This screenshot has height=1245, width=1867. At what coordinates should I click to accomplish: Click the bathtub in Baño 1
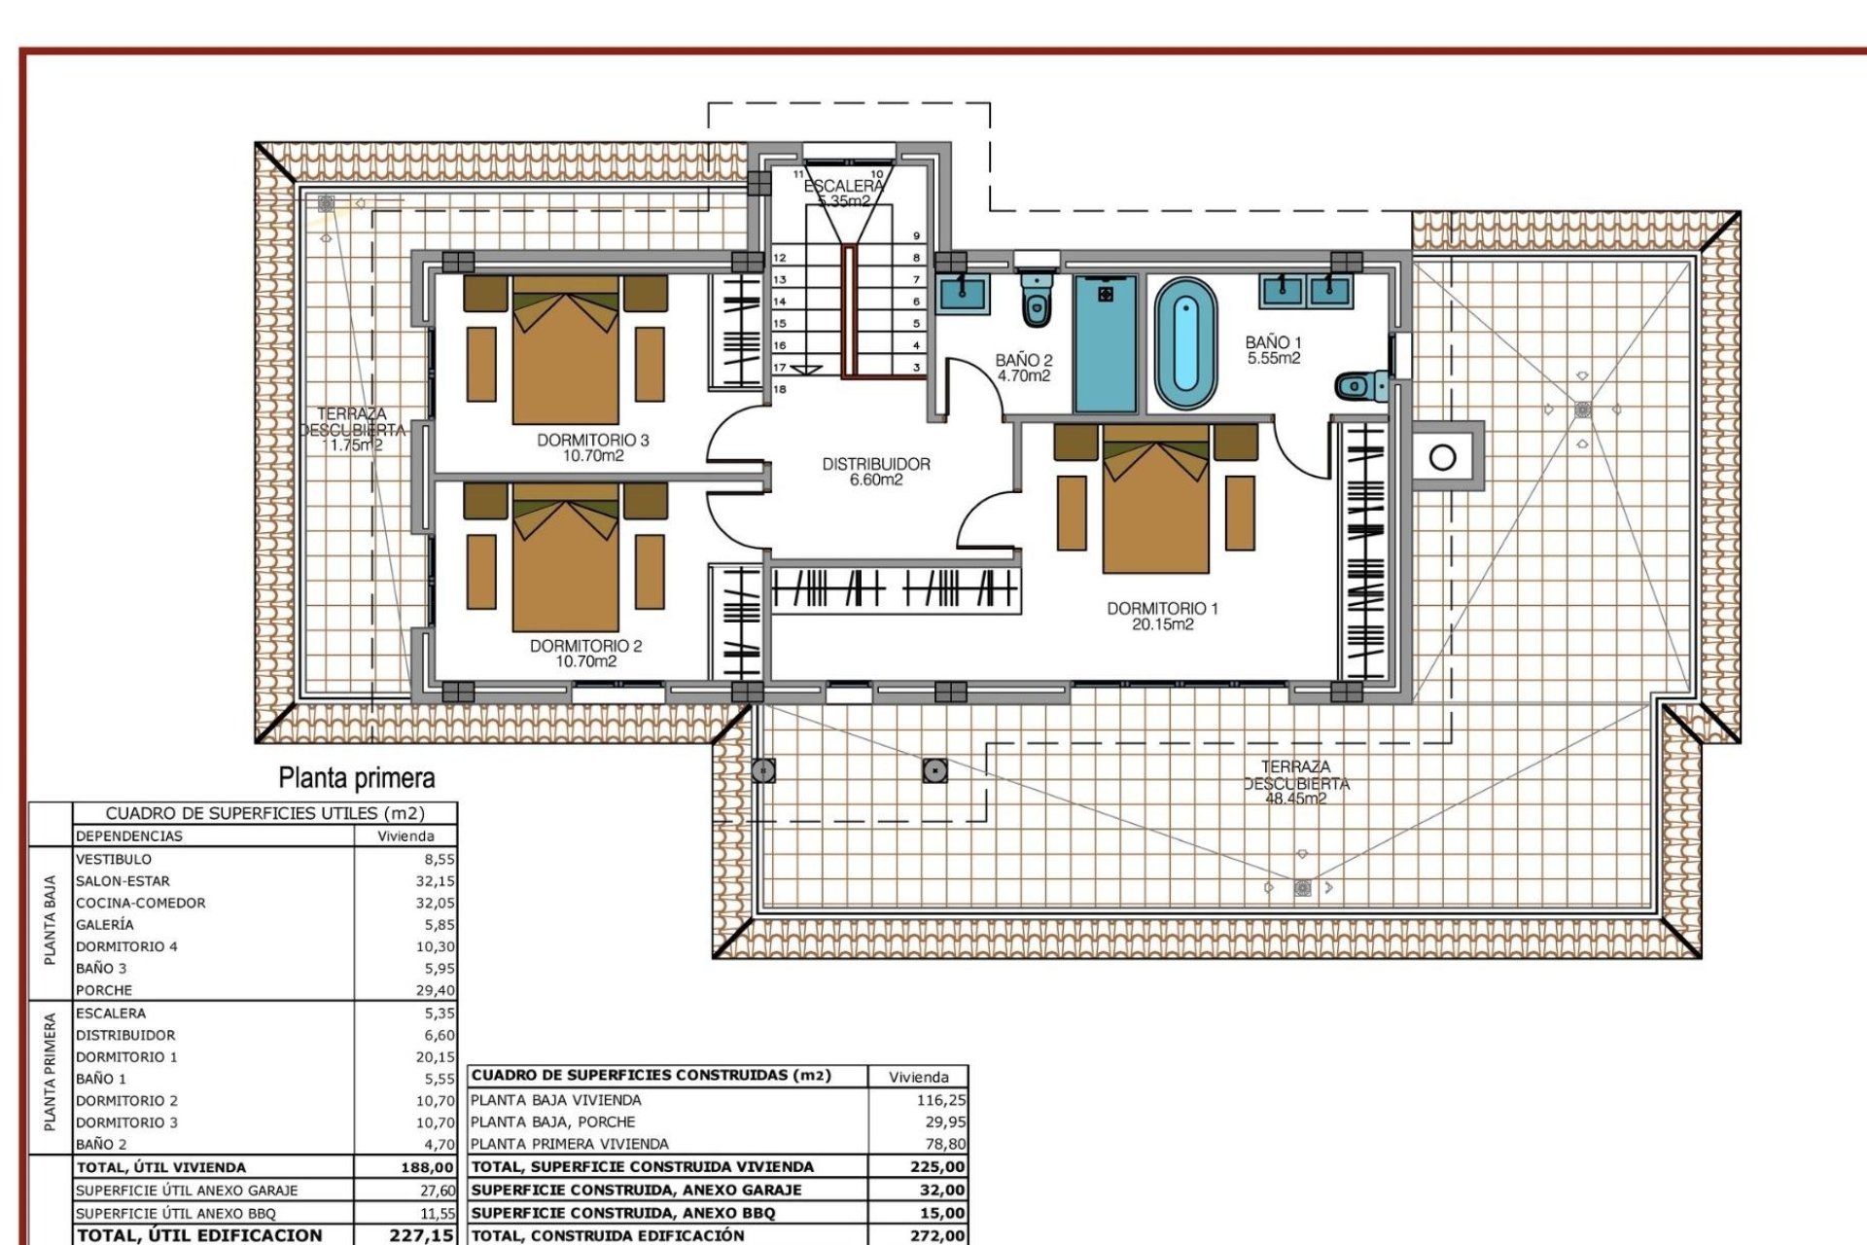click(x=1185, y=344)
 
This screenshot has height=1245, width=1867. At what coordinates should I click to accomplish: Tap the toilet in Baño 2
click(x=1037, y=301)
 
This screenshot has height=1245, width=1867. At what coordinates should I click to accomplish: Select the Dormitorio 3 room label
click(x=592, y=447)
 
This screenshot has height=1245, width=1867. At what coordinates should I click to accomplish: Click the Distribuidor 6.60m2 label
click(x=876, y=472)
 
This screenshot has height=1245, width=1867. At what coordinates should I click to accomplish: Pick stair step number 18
click(x=780, y=389)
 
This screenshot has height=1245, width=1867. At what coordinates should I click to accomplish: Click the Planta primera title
click(x=357, y=778)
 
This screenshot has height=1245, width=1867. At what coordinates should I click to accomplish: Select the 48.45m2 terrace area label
click(x=1295, y=800)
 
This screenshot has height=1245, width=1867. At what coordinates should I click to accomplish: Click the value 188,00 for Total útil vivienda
click(x=427, y=1167)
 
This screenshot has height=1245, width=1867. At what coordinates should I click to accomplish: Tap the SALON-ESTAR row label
click(x=123, y=881)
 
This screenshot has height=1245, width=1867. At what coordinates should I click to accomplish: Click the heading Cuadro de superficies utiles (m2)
click(x=264, y=813)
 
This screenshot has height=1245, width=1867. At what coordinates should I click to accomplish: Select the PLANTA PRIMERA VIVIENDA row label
click(x=569, y=1144)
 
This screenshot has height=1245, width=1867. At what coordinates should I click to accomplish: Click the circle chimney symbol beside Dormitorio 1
click(x=1443, y=456)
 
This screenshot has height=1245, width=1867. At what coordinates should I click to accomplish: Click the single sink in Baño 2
click(x=963, y=293)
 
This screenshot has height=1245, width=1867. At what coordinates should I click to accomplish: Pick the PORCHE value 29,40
click(x=435, y=990)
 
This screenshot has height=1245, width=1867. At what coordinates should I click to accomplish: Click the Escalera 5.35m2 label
click(x=844, y=194)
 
